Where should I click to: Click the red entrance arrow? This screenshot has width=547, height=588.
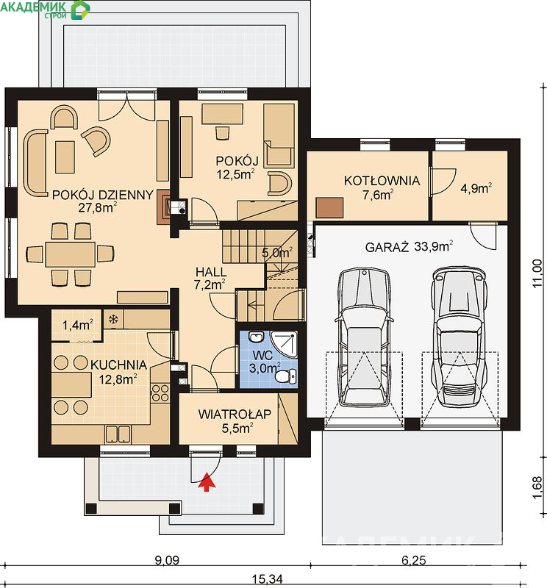point(207,481)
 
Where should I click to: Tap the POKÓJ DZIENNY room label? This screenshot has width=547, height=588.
point(103,195)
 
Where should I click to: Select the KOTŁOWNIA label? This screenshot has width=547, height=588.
point(382,181)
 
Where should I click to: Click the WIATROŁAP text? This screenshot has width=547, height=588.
point(235,414)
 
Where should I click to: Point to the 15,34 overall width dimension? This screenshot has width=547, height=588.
point(267,579)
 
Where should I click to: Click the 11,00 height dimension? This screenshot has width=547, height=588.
point(537,273)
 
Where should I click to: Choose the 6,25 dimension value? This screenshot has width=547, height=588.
point(414,560)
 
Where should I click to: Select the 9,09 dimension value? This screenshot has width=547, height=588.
point(167,560)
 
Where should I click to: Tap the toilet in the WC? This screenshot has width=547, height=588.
point(286,376)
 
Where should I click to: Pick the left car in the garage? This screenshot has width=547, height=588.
point(364,337)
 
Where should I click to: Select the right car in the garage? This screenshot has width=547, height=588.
point(460,337)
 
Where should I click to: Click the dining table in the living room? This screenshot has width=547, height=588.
point(70,254)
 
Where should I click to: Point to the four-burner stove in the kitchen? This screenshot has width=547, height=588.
point(160,392)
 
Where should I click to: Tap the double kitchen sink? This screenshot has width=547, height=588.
point(118,434)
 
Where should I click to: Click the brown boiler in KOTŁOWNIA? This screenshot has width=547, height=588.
point(329,207)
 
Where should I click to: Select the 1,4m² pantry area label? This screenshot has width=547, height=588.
point(77,325)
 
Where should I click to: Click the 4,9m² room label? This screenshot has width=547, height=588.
point(476,188)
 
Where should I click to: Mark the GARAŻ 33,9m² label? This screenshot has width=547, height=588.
point(409,247)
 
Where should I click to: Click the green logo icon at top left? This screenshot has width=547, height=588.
point(81,10)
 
